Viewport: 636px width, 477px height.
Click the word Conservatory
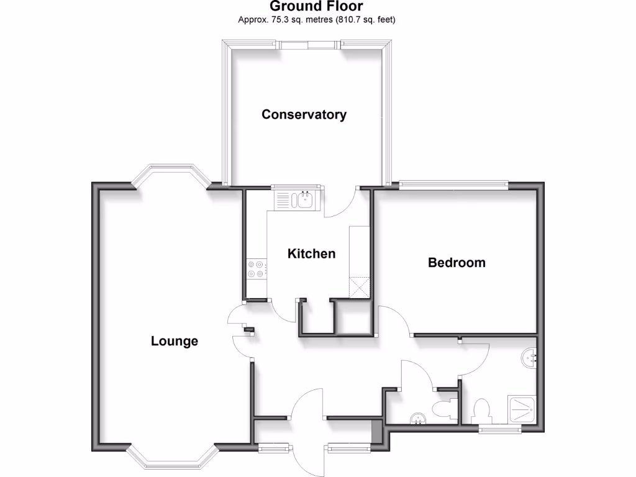pos(304,114)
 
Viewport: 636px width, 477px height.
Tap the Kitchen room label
pos(311,253)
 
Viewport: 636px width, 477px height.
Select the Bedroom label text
pos(457,262)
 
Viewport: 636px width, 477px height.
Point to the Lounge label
pos(175,341)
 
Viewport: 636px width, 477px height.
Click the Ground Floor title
pos(317,7)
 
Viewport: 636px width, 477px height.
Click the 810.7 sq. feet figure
pos(366,20)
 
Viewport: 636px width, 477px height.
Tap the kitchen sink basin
pos(305,199)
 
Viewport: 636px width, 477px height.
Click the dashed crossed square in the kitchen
pos(360,287)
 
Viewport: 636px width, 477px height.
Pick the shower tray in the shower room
pos(525,410)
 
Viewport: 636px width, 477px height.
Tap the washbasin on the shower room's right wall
pos(529,357)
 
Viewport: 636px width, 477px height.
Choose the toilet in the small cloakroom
pos(443,410)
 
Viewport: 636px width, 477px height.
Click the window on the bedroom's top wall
pos(453,183)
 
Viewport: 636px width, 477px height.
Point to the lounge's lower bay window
pos(173,458)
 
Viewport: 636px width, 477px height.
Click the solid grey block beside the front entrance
pos(376,431)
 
